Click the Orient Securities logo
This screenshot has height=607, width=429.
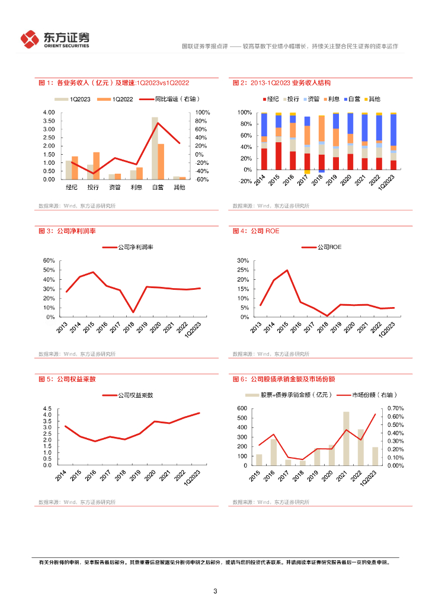[x=55, y=40]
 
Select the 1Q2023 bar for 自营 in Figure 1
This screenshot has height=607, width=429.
[x=155, y=148]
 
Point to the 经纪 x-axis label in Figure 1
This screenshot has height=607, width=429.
[x=71, y=187]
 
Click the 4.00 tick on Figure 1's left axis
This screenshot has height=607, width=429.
[x=49, y=113]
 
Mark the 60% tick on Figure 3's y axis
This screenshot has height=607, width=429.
[x=49, y=261]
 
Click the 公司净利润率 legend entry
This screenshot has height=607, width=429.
[x=128, y=247]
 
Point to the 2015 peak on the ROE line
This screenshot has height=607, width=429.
[x=287, y=270]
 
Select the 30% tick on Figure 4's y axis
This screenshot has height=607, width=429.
[x=242, y=261]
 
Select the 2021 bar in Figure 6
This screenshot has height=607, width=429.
[x=346, y=439]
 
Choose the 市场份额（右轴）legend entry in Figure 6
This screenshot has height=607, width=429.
[x=368, y=395]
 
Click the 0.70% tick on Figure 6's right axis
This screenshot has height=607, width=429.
[x=396, y=408]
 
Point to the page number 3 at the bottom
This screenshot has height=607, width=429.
[x=215, y=591]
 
